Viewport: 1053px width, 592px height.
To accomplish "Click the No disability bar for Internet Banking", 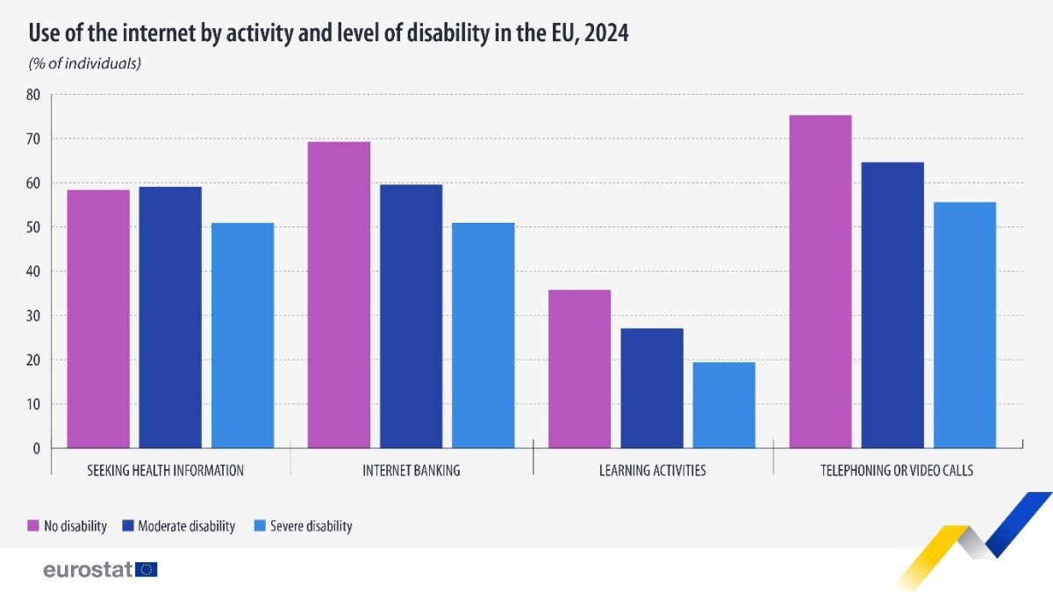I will (339, 295).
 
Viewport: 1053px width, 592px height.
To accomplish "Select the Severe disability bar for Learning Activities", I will (724, 405).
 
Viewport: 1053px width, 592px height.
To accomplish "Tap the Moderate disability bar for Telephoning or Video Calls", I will (892, 305).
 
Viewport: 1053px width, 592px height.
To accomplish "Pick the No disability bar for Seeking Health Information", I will (98, 318).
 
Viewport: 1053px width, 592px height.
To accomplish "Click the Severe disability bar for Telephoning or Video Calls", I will (964, 325).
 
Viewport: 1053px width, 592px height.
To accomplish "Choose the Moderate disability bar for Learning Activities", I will (652, 388).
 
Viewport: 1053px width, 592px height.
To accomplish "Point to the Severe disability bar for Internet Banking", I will (484, 335).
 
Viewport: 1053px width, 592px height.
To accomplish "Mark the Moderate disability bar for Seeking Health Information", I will (170, 317).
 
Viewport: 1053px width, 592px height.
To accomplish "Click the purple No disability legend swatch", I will (33, 526).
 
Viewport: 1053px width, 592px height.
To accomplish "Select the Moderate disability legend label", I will (186, 526).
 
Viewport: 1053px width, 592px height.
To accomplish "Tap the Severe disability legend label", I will (311, 526).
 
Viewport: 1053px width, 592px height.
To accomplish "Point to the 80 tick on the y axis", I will (33, 95).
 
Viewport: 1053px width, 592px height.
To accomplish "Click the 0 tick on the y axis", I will (37, 448).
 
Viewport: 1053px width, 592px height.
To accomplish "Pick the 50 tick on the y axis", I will (33, 227).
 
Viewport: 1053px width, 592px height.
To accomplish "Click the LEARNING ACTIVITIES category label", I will (652, 471).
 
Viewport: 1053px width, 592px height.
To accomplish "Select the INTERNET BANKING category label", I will (412, 471).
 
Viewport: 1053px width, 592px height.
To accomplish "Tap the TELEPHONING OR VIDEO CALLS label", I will (896, 471).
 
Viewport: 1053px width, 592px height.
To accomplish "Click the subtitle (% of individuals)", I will (85, 63).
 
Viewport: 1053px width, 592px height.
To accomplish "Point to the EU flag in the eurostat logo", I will (147, 570).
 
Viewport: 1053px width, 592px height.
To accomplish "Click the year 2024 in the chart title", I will (602, 33).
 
